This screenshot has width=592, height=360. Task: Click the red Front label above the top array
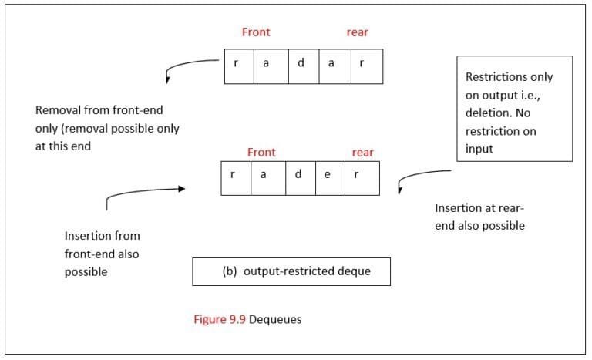pyautogui.click(x=256, y=32)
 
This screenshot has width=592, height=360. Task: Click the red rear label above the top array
pyautogui.click(x=357, y=32)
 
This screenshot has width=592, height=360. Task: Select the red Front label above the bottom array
pyautogui.click(x=261, y=153)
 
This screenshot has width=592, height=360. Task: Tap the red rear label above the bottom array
pyautogui.click(x=362, y=153)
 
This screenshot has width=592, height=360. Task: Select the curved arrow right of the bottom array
pyautogui.click(x=420, y=177)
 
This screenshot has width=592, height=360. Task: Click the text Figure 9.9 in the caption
pyautogui.click(x=219, y=319)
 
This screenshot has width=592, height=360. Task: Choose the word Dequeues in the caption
pyautogui.click(x=275, y=319)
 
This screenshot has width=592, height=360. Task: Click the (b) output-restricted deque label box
pyautogui.click(x=291, y=271)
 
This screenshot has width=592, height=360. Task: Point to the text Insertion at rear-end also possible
pyautogui.click(x=479, y=217)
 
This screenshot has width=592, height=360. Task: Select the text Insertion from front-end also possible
pyautogui.click(x=103, y=254)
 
